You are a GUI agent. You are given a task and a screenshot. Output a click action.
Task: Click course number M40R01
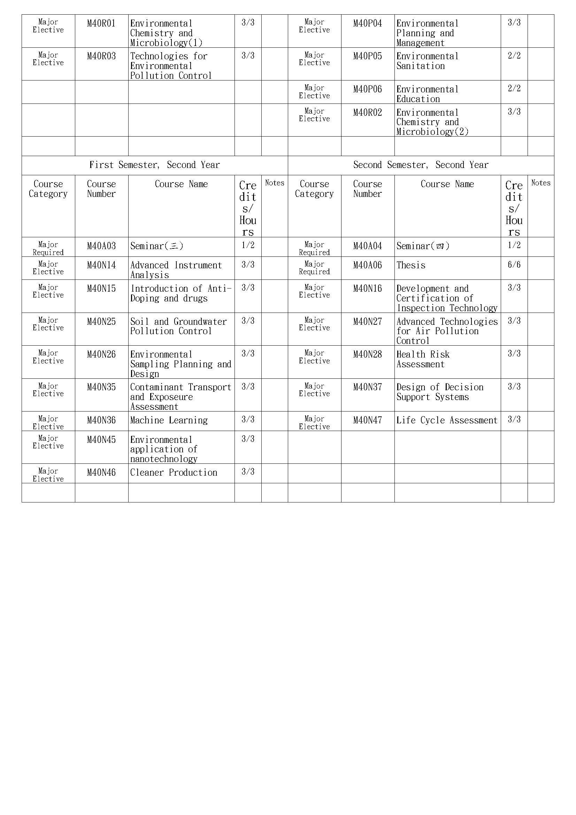tap(101, 24)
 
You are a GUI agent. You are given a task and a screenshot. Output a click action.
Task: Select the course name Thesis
tap(410, 266)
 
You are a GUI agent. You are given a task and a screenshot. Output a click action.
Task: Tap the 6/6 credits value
tap(514, 265)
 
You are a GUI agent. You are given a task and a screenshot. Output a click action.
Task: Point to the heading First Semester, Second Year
tap(154, 165)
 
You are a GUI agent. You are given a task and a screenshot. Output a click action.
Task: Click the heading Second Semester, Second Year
tap(421, 165)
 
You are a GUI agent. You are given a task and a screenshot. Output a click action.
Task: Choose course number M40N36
tap(101, 420)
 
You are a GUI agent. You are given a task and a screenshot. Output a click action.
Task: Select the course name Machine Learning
tap(169, 420)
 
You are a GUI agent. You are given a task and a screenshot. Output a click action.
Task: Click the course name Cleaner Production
tap(174, 472)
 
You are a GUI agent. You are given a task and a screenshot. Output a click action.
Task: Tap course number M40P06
tap(367, 90)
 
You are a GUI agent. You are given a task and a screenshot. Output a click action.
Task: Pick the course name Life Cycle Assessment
tap(447, 420)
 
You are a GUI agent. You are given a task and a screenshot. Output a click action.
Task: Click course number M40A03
tap(101, 246)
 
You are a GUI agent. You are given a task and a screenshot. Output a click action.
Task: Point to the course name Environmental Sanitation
tap(427, 61)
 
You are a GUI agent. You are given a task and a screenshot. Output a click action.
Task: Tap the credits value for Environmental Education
tap(514, 89)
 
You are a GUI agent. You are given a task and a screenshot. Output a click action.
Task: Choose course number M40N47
tap(367, 420)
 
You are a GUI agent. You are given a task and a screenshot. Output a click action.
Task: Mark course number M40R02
tap(367, 113)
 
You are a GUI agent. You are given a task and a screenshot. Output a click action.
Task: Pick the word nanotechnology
tap(164, 459)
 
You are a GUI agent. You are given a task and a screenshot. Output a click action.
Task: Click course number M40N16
tap(367, 289)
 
